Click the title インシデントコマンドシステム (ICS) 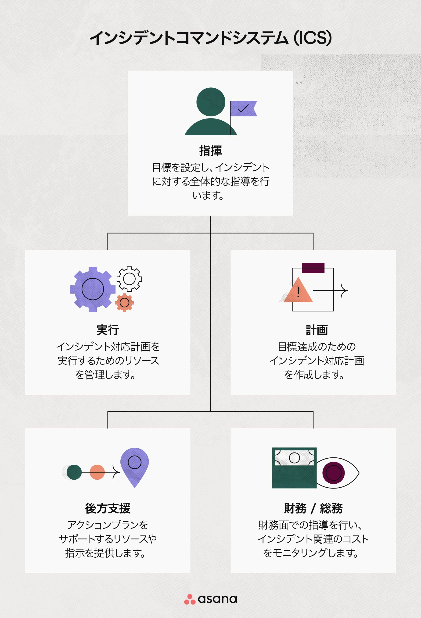tap(210, 38)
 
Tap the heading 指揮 tap(210, 151)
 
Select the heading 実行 tap(108, 330)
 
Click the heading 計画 tap(317, 330)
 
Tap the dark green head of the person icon tap(211, 102)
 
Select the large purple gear tap(93, 289)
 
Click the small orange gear tap(124, 302)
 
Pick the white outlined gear tap(129, 279)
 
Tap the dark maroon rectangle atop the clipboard tap(313, 268)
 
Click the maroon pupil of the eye tap(333, 473)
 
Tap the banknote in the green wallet tap(294, 458)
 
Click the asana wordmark tap(217, 599)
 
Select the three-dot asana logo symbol tap(190, 599)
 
